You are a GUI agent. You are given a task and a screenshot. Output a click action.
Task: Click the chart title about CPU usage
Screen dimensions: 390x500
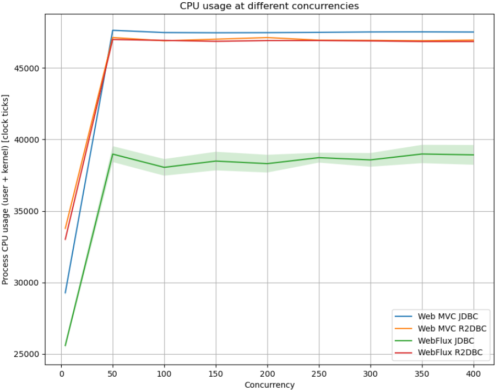tap(269, 6)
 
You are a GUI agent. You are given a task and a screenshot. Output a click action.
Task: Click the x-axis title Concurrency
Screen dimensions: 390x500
tap(269, 384)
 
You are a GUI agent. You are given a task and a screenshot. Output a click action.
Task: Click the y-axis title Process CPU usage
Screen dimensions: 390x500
tap(6, 190)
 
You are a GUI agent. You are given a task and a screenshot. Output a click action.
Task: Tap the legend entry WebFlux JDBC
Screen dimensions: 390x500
tap(446, 340)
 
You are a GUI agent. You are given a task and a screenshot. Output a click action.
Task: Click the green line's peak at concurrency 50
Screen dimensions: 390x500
tap(113, 154)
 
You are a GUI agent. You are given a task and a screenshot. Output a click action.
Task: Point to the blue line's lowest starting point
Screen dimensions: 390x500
tap(66, 293)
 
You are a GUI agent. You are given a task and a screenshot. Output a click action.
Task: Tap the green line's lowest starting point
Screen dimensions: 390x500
tap(66, 346)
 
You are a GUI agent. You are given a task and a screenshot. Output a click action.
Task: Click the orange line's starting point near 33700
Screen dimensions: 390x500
tap(66, 228)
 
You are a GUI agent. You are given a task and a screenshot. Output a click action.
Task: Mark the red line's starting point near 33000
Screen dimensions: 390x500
tap(66, 239)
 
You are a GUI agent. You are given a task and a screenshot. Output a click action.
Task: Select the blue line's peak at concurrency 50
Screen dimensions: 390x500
tap(113, 30)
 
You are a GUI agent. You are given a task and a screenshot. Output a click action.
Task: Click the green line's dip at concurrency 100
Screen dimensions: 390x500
tap(165, 167)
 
